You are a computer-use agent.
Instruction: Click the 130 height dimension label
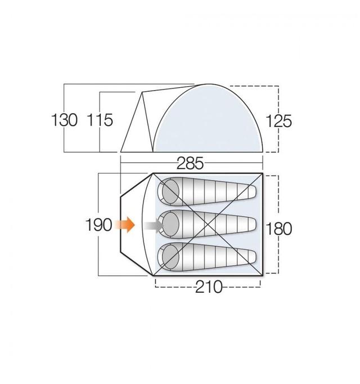click(64, 120)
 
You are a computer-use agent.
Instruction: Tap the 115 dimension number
click(100, 120)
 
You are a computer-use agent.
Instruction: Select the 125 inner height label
click(278, 121)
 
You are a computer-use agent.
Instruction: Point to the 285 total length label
click(190, 163)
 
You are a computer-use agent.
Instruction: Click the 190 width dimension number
click(98, 225)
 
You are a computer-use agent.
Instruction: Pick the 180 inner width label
click(278, 229)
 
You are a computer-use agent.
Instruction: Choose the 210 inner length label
click(209, 287)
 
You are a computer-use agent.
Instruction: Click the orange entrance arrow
click(125, 224)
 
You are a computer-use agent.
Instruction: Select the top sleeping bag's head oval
click(170, 191)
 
